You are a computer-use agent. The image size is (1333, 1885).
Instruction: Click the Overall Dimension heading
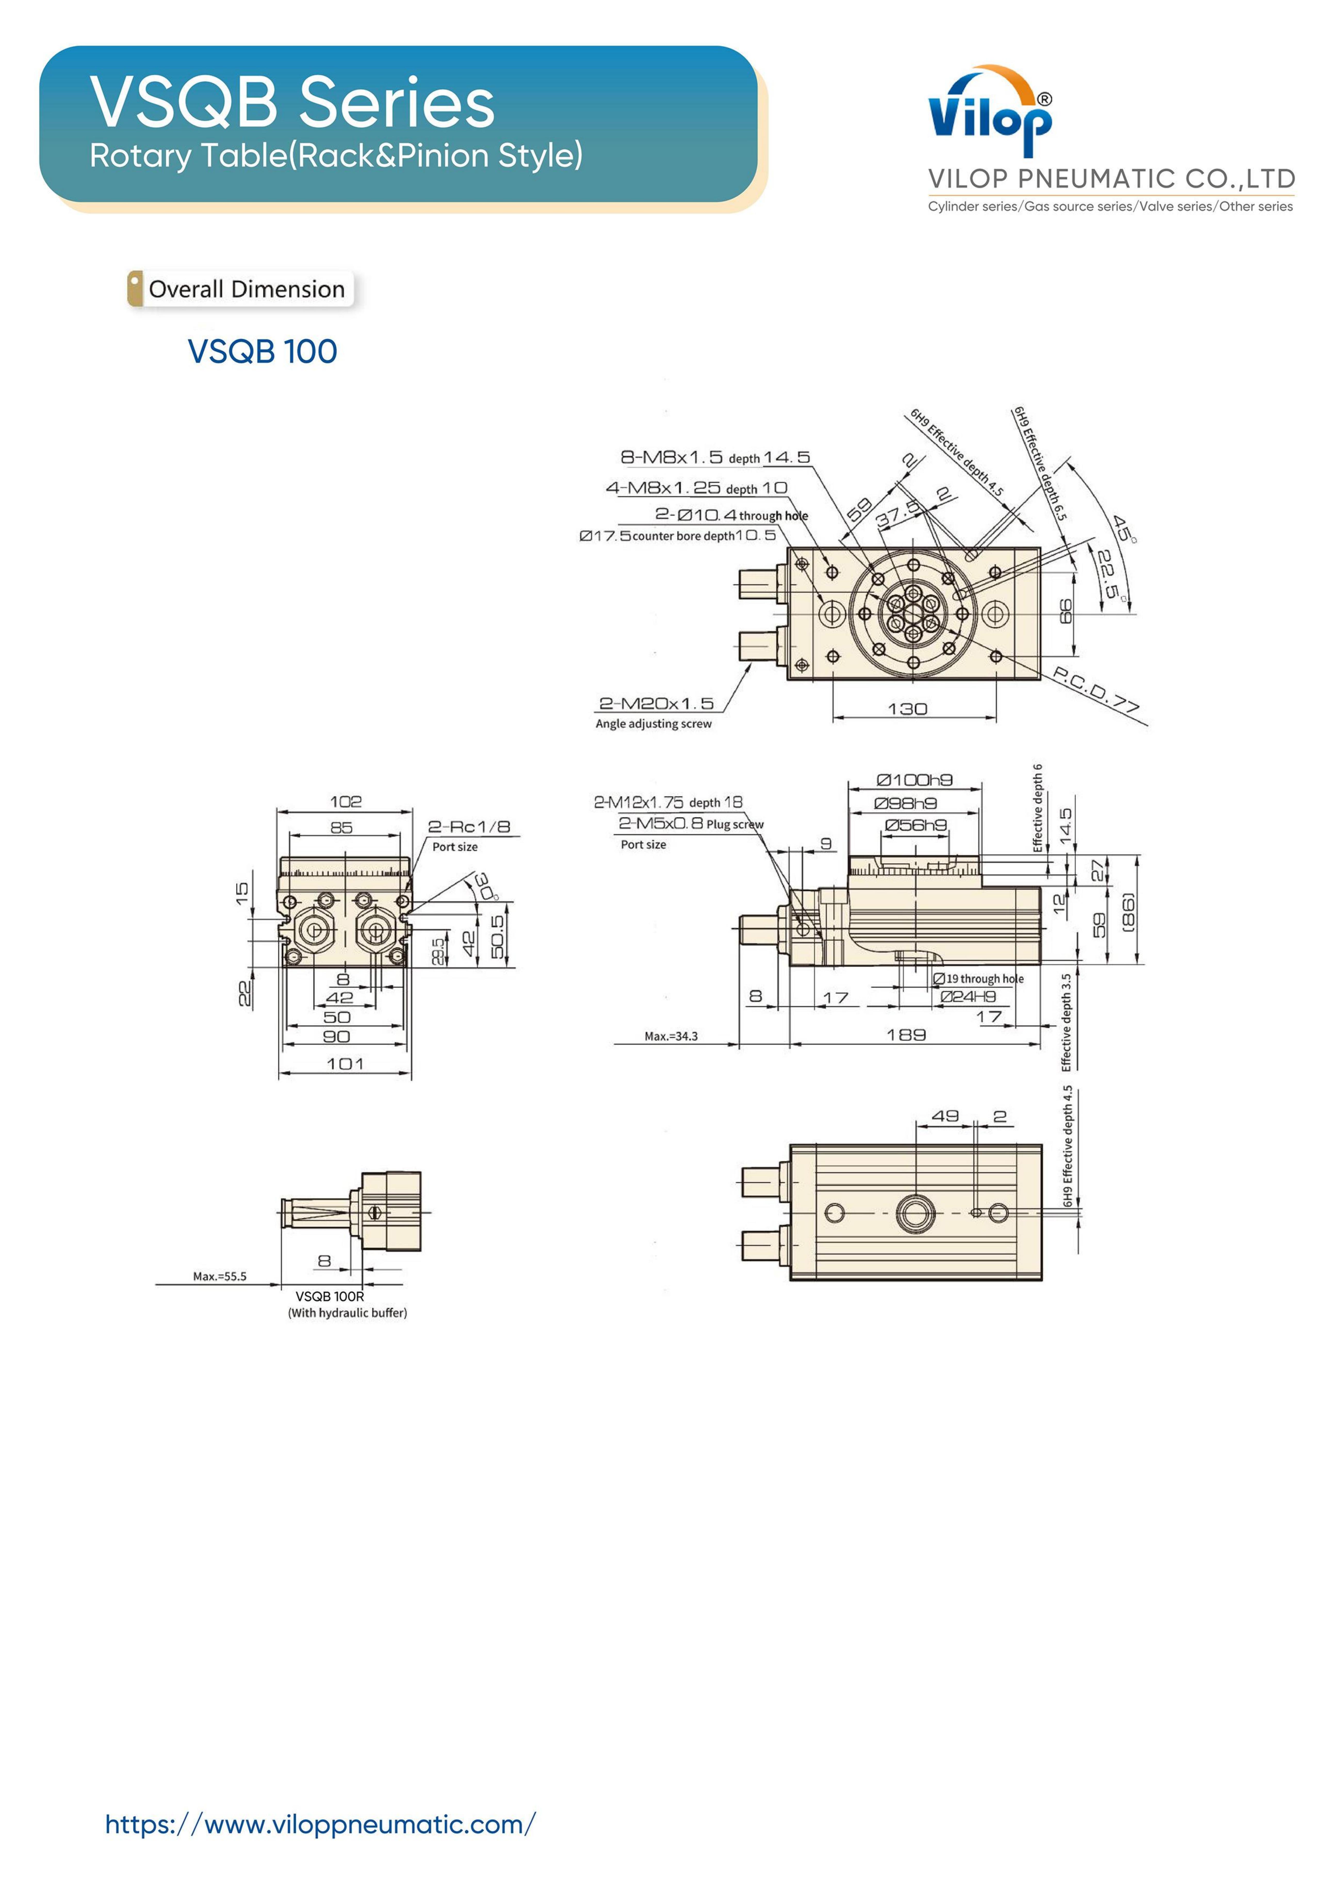246,289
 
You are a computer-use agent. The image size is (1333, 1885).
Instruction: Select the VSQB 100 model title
263,351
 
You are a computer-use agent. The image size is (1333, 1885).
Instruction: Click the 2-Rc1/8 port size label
469,827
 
